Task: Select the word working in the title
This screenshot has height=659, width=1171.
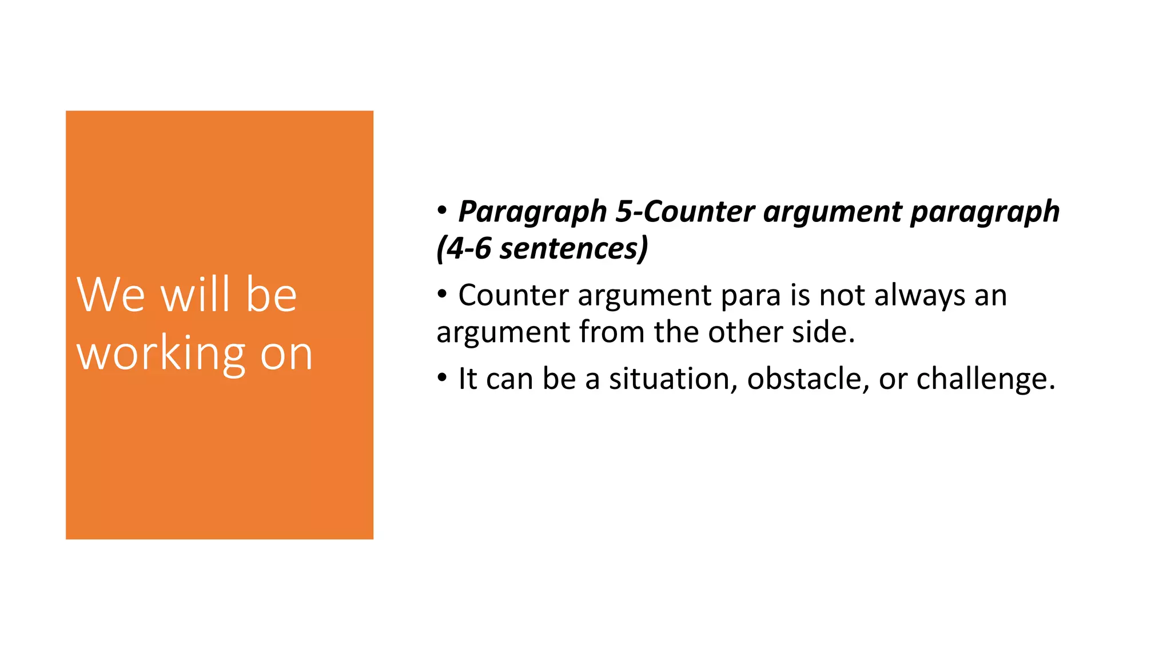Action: [161, 354]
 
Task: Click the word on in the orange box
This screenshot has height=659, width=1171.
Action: [286, 354]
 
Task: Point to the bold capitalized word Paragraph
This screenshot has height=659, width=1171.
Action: [532, 212]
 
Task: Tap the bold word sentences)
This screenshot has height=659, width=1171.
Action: [573, 249]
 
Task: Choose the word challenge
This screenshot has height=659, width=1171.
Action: [985, 379]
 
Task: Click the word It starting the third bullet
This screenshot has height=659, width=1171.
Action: [468, 379]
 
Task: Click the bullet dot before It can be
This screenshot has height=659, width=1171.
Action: [442, 378]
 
